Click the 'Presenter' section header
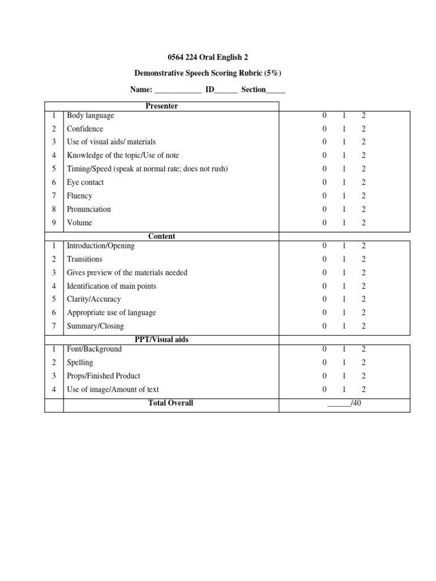tap(162, 106)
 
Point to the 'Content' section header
tap(162, 236)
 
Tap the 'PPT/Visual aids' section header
tap(162, 339)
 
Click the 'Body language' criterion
tap(90, 115)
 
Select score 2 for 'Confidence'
tap(363, 129)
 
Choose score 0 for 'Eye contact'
tap(325, 182)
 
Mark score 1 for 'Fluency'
tap(344, 196)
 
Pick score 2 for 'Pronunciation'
tap(363, 209)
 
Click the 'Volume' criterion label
tap(79, 223)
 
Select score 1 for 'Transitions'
tap(344, 259)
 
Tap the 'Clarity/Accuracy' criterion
tap(94, 299)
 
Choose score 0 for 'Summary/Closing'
tap(325, 326)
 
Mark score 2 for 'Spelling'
tap(363, 363)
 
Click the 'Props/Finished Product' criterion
tap(103, 376)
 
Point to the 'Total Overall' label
tap(170, 403)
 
